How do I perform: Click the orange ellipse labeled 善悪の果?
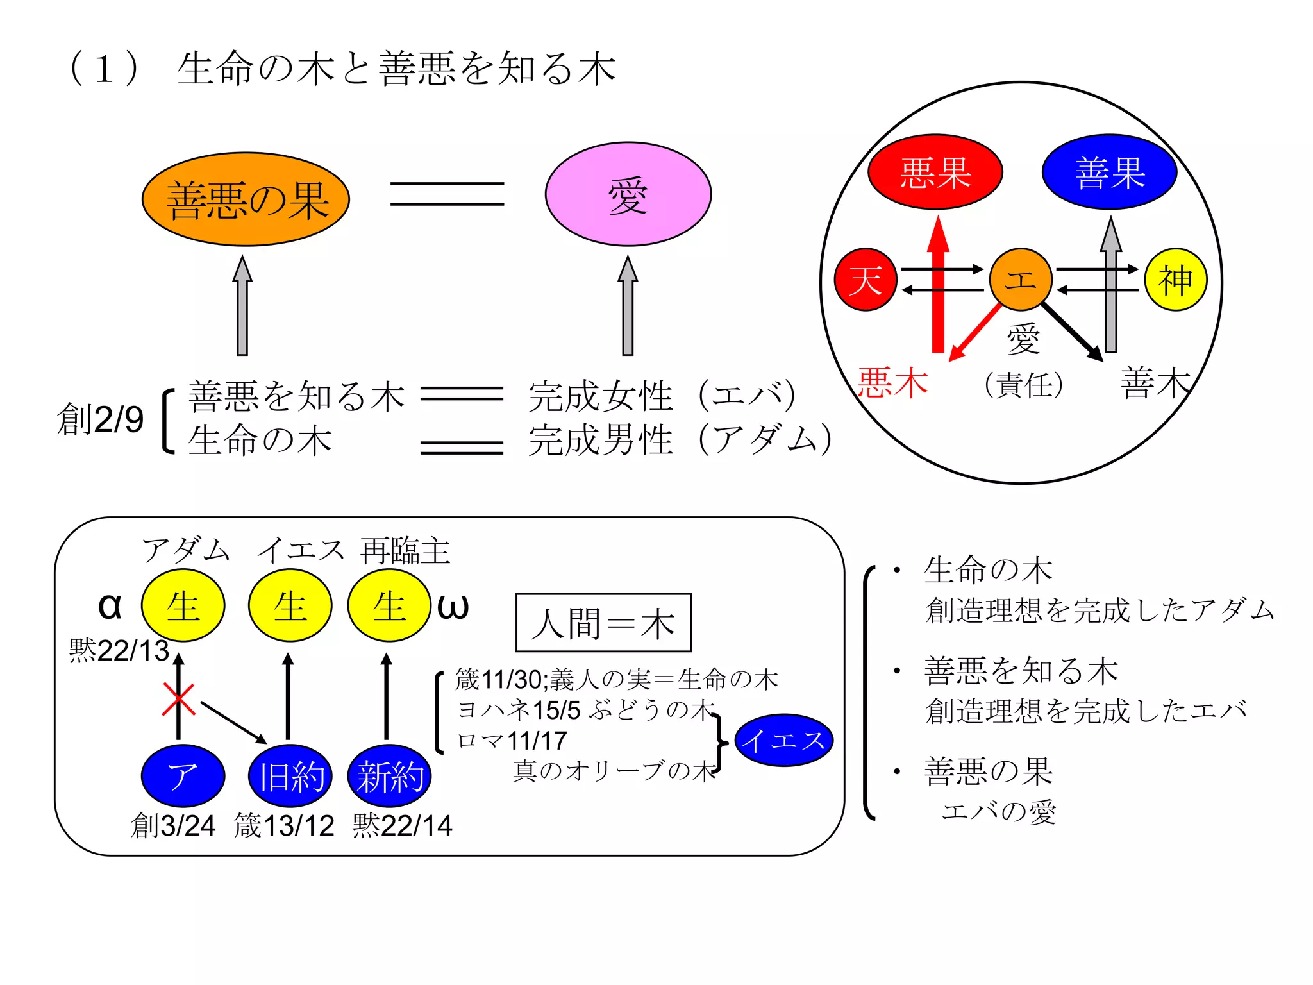pos(246,199)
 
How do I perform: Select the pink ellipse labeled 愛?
pos(628,194)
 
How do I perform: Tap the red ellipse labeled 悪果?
pos(935,172)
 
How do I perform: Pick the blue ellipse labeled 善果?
pos(1109,172)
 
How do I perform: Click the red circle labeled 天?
pos(865,280)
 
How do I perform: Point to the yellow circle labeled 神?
pos(1175,280)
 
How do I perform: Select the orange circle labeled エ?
pos(1020,280)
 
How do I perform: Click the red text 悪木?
pos(892,383)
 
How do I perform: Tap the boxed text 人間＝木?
pos(603,623)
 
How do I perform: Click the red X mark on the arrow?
pos(178,700)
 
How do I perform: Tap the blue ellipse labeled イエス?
pos(783,741)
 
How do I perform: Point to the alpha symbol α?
pos(110,606)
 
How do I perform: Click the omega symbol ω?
pos(453,606)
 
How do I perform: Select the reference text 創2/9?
pos(100,420)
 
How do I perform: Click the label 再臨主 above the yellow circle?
pos(405,551)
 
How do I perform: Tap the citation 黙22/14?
pos(402,825)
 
